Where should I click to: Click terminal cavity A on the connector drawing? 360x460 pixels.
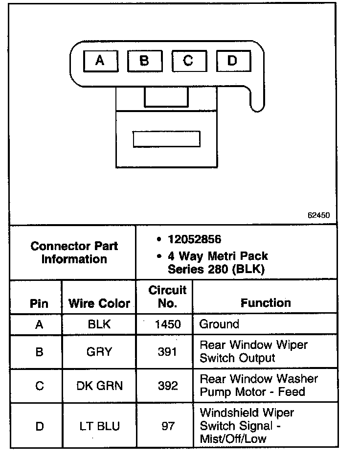coord(100,61)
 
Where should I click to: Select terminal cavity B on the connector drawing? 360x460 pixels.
coord(144,61)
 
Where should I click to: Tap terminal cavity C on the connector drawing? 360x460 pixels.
coord(188,61)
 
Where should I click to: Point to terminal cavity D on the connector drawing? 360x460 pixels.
coord(233,61)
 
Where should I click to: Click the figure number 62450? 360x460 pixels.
coord(319,215)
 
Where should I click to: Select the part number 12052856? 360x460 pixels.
coord(194,239)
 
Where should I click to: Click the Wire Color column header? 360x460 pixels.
coord(99,303)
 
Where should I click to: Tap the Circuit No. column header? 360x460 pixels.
coord(167,297)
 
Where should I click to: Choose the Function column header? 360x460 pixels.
coord(266,303)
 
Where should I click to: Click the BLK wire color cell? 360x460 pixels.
coord(99,324)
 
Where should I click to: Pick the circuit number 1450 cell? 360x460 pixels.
coord(167,324)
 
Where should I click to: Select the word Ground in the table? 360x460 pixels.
coord(219,324)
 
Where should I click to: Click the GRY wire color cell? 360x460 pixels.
coord(99,352)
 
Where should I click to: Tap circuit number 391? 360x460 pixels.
coord(167,352)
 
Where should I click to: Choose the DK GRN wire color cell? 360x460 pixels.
coord(99,386)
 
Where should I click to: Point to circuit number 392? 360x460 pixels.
coord(167,386)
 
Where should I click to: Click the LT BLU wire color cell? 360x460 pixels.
coord(99,426)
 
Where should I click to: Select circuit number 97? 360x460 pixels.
coord(168,426)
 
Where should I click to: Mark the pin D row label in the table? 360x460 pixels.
coord(39,426)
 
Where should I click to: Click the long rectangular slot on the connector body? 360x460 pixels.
coord(167,139)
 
